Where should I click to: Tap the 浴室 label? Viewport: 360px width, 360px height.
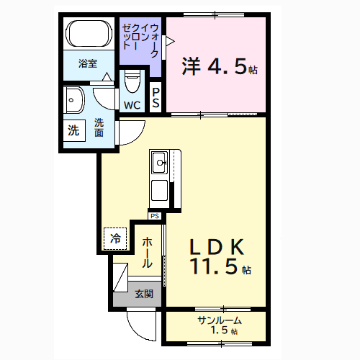click(89, 63)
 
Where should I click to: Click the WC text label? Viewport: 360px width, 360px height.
click(132, 105)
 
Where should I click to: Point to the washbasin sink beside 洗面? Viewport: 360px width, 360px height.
click(73, 101)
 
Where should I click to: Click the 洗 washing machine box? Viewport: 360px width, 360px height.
click(73, 131)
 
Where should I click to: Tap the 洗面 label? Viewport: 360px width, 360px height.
click(99, 127)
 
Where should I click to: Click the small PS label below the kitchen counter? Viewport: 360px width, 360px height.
click(155, 215)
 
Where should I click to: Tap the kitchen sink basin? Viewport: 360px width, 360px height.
click(159, 163)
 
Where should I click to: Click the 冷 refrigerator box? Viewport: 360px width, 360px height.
click(116, 238)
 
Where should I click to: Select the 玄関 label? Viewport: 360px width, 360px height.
click(143, 294)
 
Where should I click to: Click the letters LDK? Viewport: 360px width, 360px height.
click(219, 247)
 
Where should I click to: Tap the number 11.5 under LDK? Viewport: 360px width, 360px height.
click(214, 268)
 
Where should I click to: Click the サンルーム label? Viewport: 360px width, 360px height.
click(219, 320)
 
